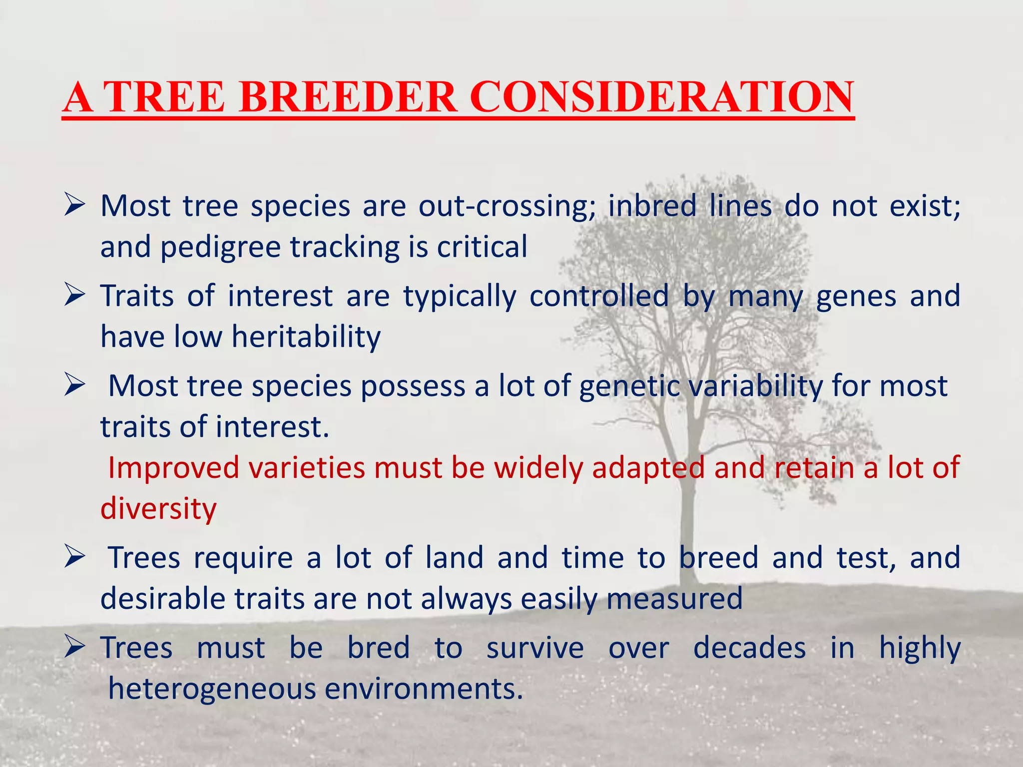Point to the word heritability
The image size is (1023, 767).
coord(306,337)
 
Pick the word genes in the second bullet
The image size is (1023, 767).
coord(856,296)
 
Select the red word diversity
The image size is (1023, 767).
coord(158,509)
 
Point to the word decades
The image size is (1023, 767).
coord(749,648)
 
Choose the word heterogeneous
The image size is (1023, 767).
coord(212,689)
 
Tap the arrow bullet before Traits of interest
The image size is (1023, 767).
coord(75,296)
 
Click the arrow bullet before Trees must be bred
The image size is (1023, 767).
coord(75,648)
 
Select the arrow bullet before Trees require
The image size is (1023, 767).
coord(75,557)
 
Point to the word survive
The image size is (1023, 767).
coord(535,648)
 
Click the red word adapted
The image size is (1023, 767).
coord(647,468)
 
